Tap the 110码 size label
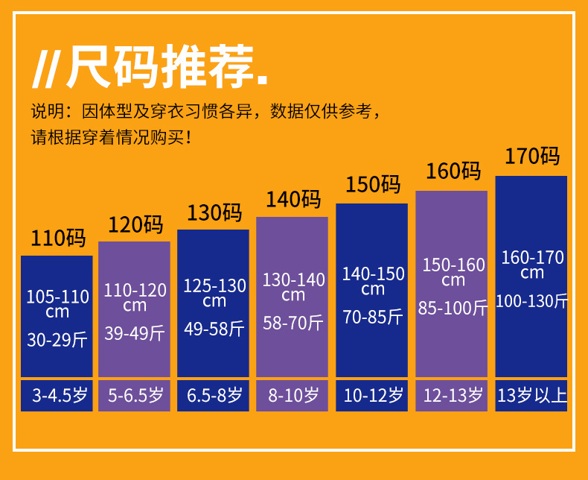tap(57, 239)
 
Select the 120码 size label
tap(135, 224)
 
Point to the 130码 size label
tap(214, 212)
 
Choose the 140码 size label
tap(293, 200)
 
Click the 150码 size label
tap(372, 184)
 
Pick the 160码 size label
tap(453, 171)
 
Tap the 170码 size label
tap(531, 157)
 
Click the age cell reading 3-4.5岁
tap(57, 396)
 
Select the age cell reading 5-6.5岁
tap(135, 396)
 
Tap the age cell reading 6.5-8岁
tap(214, 396)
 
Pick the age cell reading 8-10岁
tap(293, 396)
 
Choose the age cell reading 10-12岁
tap(372, 396)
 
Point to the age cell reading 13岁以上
tap(531, 396)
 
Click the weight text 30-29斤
tap(57, 340)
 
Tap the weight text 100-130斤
tap(531, 301)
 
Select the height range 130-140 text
tap(293, 280)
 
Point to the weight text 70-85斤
tap(372, 317)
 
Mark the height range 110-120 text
tap(135, 290)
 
